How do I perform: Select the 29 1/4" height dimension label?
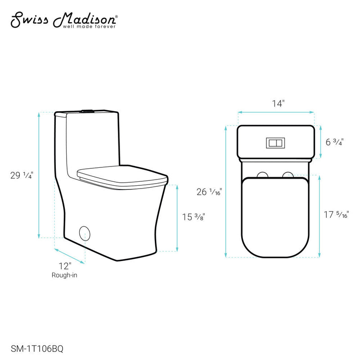(x=21, y=175)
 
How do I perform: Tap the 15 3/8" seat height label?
(x=193, y=218)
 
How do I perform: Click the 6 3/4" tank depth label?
(x=334, y=142)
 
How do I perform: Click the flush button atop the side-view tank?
(x=87, y=110)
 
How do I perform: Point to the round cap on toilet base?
(x=85, y=233)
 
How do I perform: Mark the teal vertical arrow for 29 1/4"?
(x=39, y=175)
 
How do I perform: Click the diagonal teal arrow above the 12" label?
(x=70, y=255)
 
